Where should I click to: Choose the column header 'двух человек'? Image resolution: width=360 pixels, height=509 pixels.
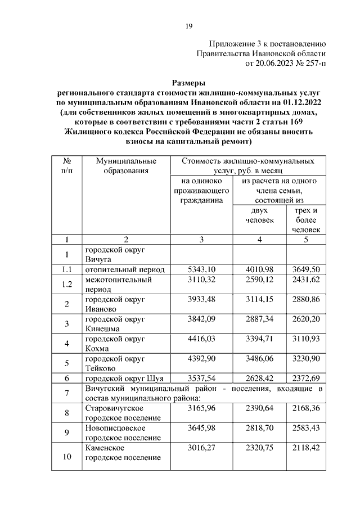pos(259,215)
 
